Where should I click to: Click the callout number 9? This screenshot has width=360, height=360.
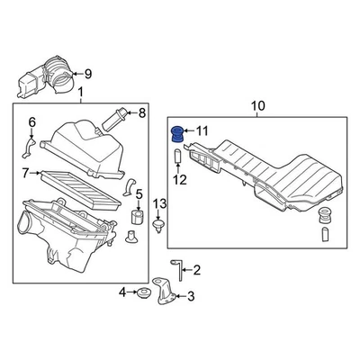(87, 73)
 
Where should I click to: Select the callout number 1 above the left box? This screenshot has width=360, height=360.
(80, 94)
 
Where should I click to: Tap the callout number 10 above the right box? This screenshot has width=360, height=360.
(257, 108)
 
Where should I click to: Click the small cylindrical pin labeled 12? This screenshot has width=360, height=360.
(178, 159)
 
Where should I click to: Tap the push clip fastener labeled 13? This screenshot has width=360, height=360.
(158, 227)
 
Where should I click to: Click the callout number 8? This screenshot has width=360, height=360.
(140, 112)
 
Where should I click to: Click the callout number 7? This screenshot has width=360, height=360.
(26, 171)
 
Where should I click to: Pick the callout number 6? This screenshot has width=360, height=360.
(31, 121)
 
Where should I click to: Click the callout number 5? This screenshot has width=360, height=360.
(138, 194)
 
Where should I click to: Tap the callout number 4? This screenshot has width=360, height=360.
(123, 292)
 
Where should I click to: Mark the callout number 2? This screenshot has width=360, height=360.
(197, 269)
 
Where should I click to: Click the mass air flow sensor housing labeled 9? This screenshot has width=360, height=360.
(49, 76)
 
